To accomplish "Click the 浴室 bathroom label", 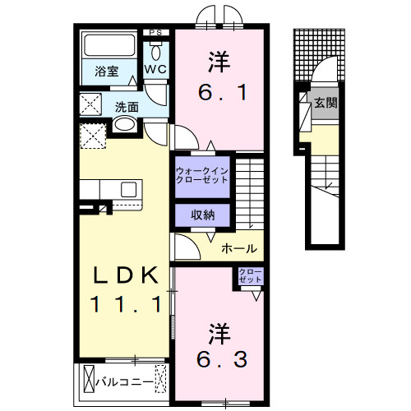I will [105, 72].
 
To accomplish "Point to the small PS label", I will [155, 33].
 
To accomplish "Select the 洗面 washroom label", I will [126, 106].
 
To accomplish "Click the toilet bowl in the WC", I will [156, 49].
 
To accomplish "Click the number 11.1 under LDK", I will [124, 304].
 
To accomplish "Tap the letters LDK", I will [124, 276].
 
